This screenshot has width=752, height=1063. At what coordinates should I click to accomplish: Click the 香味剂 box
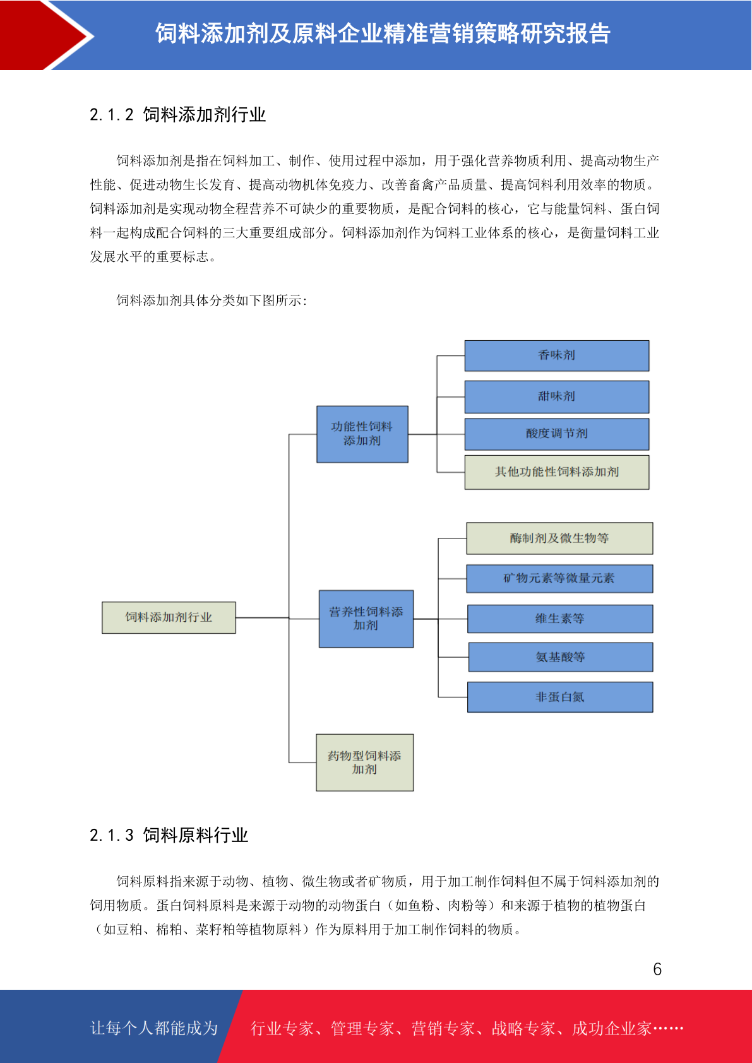[556, 355]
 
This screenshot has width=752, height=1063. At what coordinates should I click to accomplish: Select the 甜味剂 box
[556, 396]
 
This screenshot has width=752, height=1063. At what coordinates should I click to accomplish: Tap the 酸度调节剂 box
[556, 434]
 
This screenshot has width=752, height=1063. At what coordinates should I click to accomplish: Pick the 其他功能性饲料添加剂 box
[556, 472]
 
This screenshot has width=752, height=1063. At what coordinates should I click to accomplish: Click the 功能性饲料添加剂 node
[362, 434]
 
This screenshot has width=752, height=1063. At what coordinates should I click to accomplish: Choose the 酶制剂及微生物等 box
[559, 538]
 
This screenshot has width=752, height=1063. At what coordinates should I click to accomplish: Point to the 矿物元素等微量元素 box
[559, 578]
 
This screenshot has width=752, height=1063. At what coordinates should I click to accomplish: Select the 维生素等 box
[559, 619]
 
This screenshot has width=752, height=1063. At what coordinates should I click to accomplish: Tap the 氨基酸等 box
[560, 657]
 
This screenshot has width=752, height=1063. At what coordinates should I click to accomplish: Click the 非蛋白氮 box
[559, 697]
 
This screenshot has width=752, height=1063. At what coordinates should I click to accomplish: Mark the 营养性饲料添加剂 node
[366, 619]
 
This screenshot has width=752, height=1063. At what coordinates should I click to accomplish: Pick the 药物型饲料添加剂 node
[364, 763]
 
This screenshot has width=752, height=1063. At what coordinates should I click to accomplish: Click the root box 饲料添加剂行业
[169, 617]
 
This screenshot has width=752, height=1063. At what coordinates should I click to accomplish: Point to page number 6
[657, 969]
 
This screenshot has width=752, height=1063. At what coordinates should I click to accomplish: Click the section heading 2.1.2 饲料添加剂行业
[177, 115]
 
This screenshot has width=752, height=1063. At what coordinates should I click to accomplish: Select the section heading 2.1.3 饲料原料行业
[169, 835]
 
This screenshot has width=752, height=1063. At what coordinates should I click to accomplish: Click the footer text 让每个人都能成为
[154, 1028]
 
